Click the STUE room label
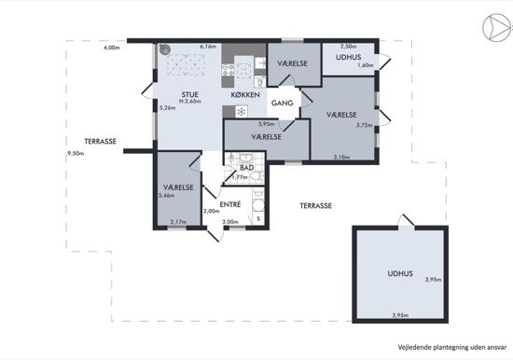coord(189,95)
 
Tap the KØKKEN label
coord(245,95)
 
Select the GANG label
coord(282,104)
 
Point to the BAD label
coord(247,168)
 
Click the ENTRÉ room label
coord(230,204)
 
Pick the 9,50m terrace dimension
coord(76,153)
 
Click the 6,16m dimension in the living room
coord(208,47)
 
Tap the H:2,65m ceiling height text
coord(189,102)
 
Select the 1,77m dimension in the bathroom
coord(240,177)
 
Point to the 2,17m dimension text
coord(179,222)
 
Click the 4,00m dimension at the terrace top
coord(112,48)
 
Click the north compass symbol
coord(496,28)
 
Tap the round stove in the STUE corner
coord(165,49)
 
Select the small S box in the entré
coord(258,218)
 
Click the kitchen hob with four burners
coord(228,70)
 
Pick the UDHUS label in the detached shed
coord(400,273)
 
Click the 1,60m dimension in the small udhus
coord(366,65)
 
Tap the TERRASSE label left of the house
coord(101,142)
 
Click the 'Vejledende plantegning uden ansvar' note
coord(452,347)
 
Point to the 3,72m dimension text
coord(365,125)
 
